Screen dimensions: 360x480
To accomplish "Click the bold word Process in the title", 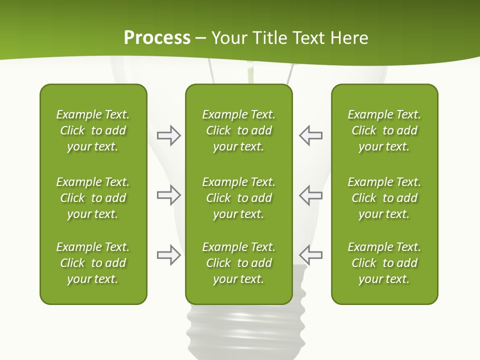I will (157, 38).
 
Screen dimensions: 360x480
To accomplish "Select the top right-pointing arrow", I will (168, 135).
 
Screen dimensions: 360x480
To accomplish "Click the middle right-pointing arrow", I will (168, 195).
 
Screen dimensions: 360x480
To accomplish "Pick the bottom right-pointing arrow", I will (168, 255).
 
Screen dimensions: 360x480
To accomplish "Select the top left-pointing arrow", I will (310, 135).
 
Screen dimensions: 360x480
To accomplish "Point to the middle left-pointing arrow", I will (310, 195).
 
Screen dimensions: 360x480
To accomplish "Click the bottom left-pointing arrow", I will (310, 255).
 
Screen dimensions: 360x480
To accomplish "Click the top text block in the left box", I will (93, 130).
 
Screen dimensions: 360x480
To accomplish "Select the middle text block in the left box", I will (93, 198).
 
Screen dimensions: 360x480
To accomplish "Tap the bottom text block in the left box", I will (93, 263).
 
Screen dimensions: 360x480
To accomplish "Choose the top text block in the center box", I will (238, 130).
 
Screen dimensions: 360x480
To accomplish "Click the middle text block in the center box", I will (238, 198).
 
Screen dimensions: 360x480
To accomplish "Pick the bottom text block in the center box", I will (238, 263).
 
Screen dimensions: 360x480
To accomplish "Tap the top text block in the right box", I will (384, 130).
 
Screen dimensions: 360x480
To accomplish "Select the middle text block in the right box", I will (384, 198).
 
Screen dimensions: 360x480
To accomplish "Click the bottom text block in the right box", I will (384, 263).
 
